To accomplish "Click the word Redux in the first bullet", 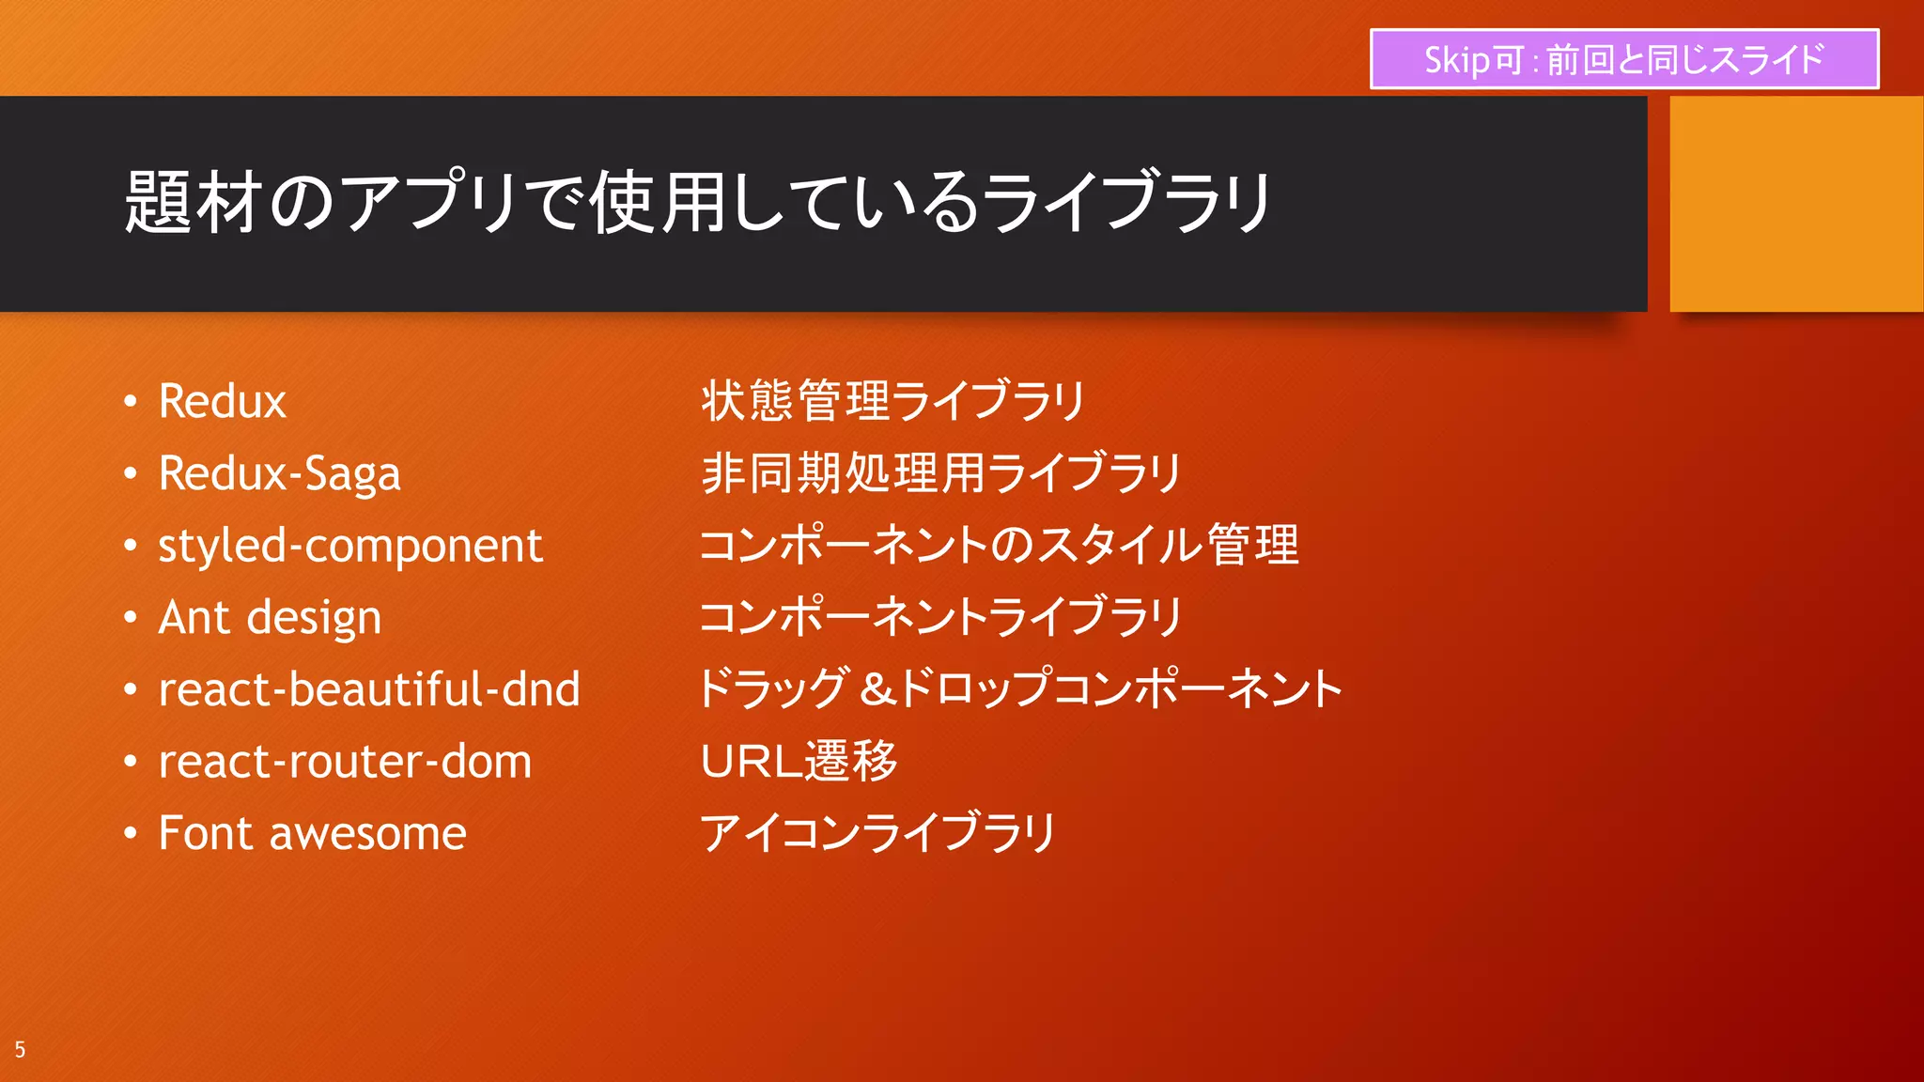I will pos(222,402).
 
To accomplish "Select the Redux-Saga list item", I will pos(279,473).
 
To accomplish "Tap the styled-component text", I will pos(349,546).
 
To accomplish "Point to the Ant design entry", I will pos(270,618).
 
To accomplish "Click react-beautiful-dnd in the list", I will pos(369,689).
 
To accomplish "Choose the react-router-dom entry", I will pos(345,762).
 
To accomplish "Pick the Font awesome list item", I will pos(312,834).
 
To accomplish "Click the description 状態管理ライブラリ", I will pos(892,401).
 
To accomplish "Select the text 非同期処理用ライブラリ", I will pos(939,473).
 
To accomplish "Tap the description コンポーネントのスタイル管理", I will pos(999,546).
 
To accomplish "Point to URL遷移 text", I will pos(799,762).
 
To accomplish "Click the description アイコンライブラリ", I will pos(878,834).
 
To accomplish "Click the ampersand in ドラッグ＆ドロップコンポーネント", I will pos(877,689).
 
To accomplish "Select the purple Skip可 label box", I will pos(1623,59).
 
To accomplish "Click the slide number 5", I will pos(20,1050).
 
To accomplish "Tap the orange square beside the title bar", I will pos(1795,204).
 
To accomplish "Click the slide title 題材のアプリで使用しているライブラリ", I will pos(698,202).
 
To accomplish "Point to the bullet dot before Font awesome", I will pos(131,834).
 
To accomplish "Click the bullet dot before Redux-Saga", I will pos(131,473).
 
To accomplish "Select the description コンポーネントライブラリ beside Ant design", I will pos(939,618).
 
